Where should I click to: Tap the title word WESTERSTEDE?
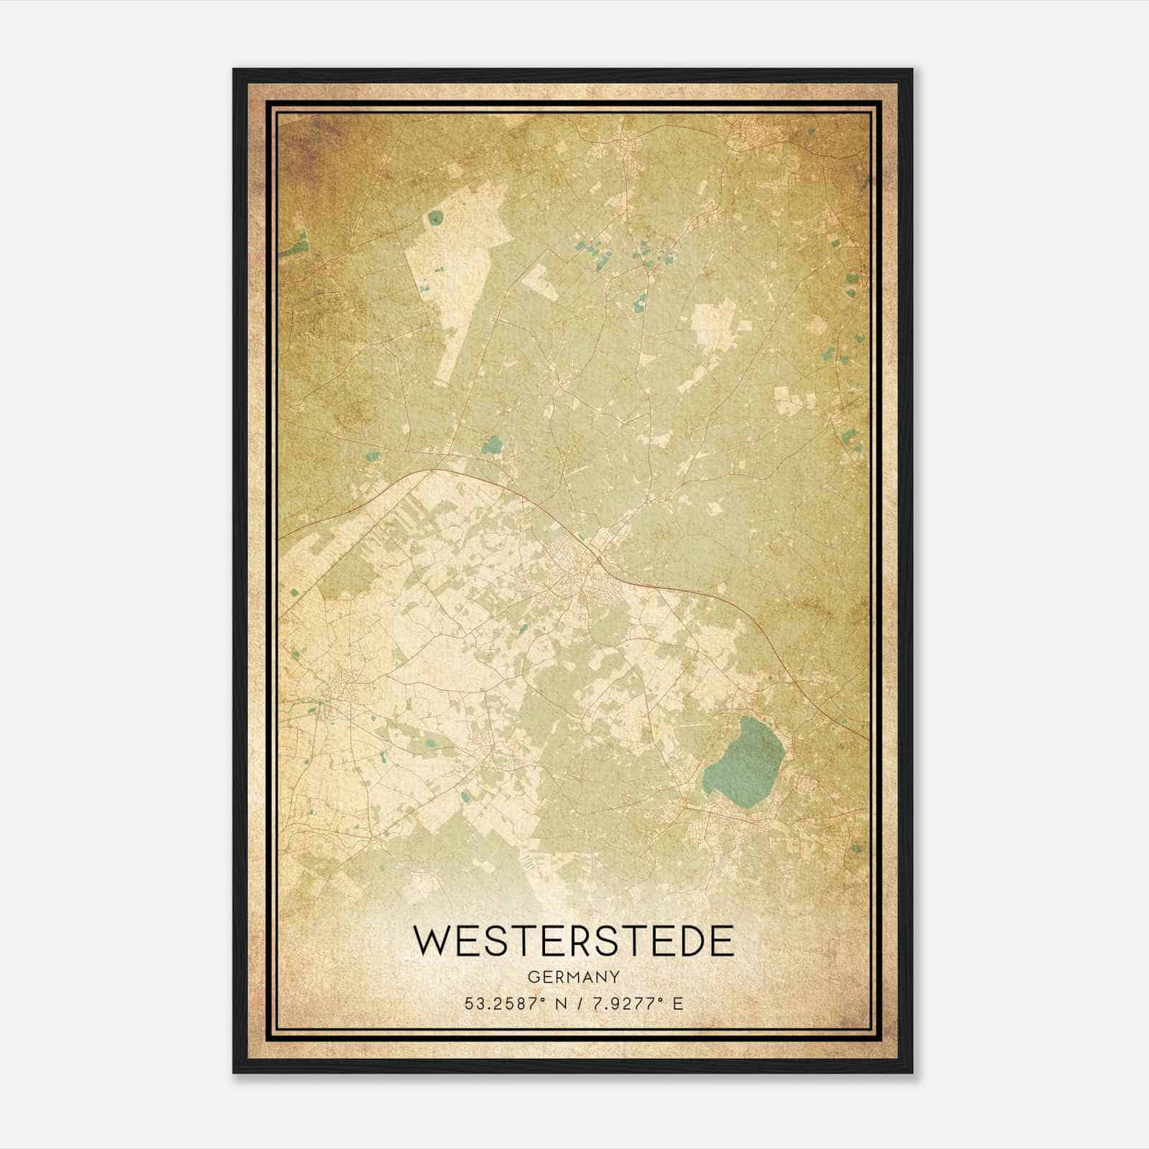pos(574,941)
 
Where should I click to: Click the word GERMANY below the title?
pos(574,977)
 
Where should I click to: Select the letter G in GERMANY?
pos(533,977)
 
